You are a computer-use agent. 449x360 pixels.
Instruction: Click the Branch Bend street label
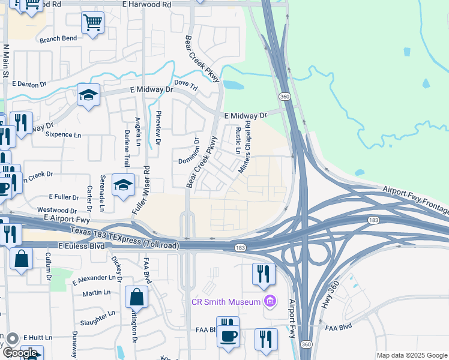(58, 38)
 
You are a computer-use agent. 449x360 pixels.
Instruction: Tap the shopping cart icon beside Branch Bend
(92, 23)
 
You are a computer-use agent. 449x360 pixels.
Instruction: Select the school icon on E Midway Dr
(88, 95)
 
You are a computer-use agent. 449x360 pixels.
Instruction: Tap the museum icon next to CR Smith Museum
(270, 301)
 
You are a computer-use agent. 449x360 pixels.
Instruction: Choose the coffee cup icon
(228, 335)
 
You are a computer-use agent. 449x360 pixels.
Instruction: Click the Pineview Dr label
(158, 128)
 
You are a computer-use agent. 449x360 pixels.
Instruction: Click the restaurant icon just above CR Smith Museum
(263, 274)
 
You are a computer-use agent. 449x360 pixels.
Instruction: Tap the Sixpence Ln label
(63, 135)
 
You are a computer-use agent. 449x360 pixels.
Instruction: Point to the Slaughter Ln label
(97, 319)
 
